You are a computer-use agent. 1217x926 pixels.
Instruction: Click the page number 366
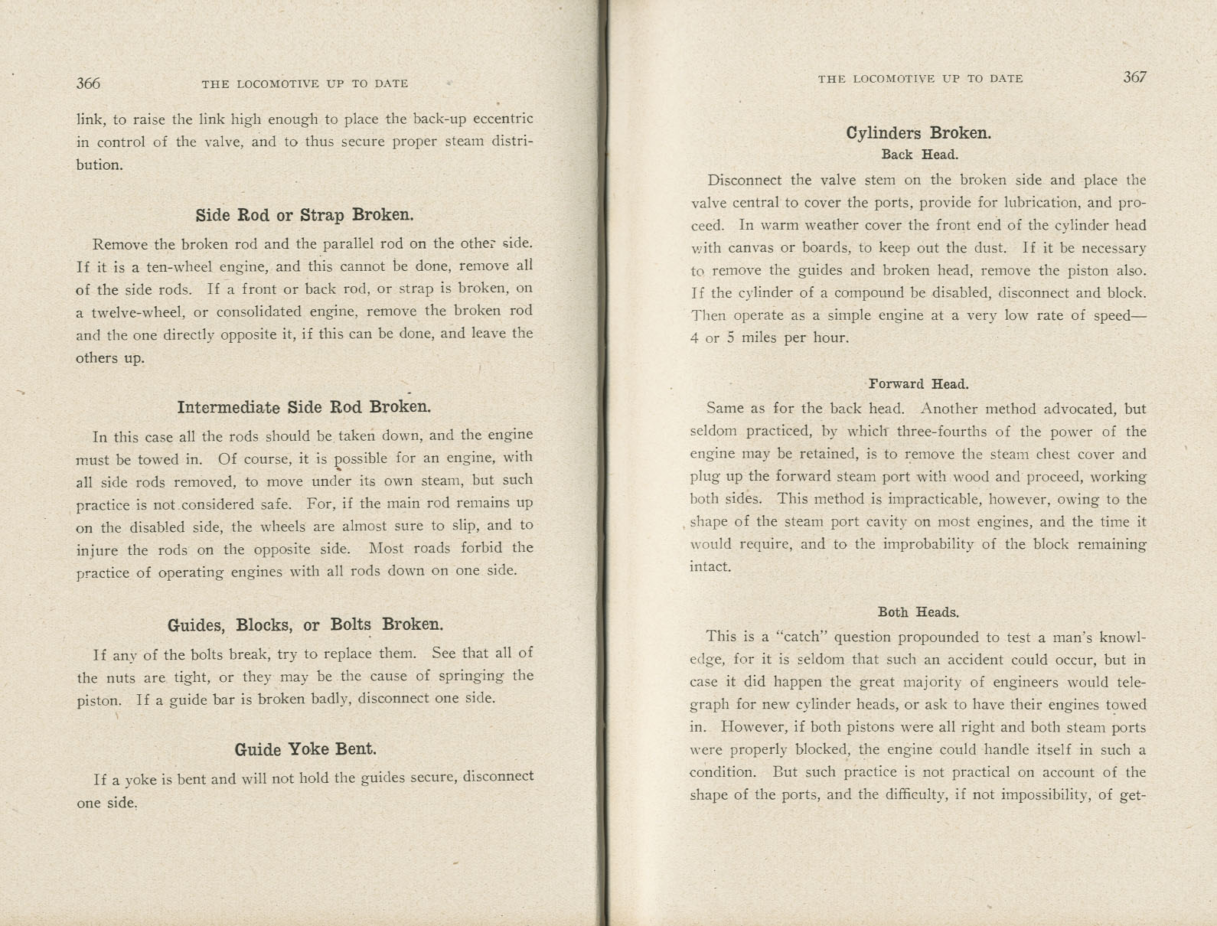88,83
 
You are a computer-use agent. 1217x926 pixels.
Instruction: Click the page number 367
1134,77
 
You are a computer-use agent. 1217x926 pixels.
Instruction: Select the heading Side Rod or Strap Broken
305,215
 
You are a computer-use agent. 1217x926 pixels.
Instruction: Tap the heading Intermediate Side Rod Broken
304,407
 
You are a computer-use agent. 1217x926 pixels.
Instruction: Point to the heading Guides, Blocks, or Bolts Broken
305,624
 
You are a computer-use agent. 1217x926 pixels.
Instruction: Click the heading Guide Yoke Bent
305,749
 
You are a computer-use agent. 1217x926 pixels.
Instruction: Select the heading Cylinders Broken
918,133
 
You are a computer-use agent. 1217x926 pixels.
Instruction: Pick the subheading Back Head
919,155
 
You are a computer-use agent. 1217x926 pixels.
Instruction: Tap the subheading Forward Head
918,384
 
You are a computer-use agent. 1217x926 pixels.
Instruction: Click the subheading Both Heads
918,612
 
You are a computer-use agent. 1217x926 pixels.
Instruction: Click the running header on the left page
305,84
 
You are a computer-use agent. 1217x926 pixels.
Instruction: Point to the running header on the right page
920,79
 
